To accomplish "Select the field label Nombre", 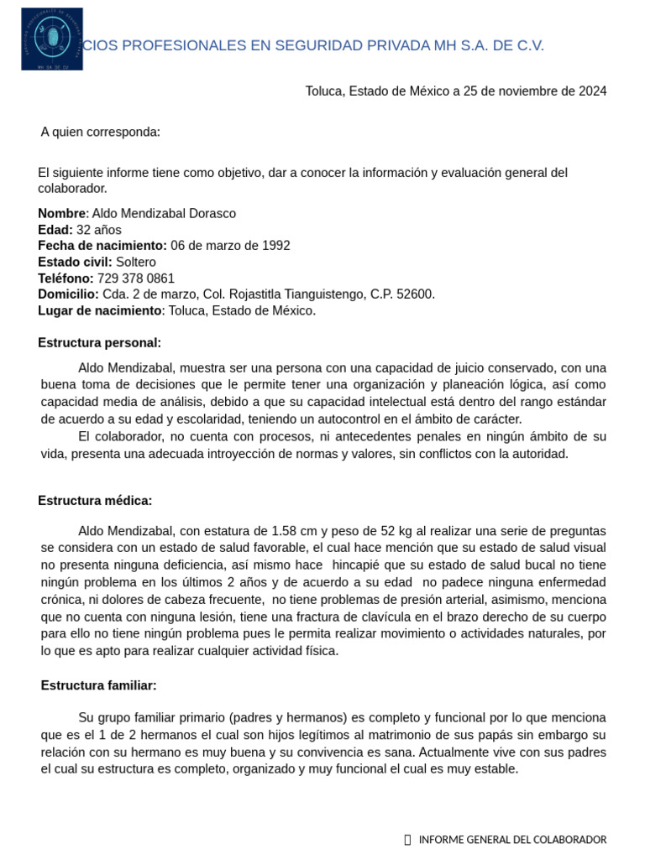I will coord(62,213).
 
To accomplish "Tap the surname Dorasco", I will coord(210,213).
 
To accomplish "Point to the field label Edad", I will coord(55,229).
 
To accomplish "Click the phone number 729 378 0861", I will coord(136,278).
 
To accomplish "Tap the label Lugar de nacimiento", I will coord(99,310).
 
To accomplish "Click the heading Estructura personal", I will coord(99,342).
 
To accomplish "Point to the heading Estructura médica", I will coord(95,500).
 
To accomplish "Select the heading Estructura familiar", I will coord(98,685).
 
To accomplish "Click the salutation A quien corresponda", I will coord(100,132).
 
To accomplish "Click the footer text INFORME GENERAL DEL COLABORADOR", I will coord(511,840).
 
